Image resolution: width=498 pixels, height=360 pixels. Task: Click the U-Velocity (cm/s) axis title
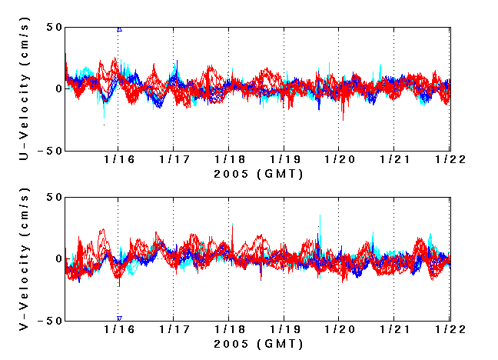click(x=25, y=88)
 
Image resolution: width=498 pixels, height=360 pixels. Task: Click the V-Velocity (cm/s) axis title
click(x=25, y=258)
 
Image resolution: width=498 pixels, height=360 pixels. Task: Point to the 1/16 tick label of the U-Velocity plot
click(x=118, y=160)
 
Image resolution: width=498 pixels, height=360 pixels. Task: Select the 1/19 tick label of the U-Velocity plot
click(x=284, y=160)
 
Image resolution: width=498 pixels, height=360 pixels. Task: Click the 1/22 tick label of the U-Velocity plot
click(x=450, y=160)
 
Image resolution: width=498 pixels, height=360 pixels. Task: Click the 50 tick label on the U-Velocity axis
click(x=53, y=28)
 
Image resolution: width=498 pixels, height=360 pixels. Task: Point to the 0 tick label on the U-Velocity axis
click(x=58, y=89)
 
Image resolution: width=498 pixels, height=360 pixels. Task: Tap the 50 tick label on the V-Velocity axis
click(x=53, y=197)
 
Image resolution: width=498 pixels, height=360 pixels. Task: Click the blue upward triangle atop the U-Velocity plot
click(x=119, y=29)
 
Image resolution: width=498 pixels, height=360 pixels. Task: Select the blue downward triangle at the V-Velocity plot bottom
click(x=119, y=318)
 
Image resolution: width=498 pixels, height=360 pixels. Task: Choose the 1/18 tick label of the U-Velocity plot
click(x=228, y=160)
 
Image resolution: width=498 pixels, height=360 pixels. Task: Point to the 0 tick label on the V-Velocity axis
click(x=58, y=259)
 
